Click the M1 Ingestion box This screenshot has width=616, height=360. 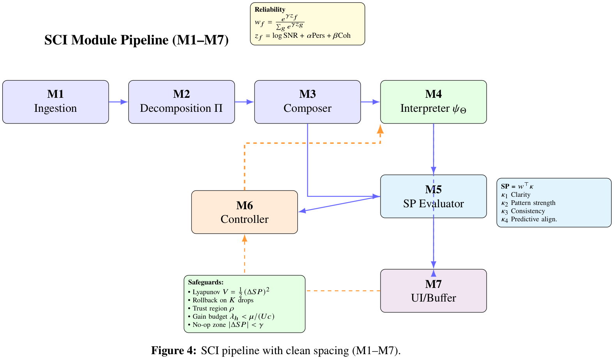[x=55, y=102]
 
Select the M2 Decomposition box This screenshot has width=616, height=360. [x=181, y=102]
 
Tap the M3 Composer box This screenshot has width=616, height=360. [x=307, y=102]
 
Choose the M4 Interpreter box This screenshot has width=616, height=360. [x=433, y=102]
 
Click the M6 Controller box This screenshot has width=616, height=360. [x=244, y=212]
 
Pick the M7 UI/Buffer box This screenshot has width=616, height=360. [x=433, y=291]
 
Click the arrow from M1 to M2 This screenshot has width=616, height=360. [x=118, y=102]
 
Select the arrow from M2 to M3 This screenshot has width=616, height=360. [x=244, y=102]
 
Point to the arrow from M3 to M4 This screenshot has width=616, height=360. [x=370, y=102]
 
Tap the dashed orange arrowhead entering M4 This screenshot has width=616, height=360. [x=380, y=130]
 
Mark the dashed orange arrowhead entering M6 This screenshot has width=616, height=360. [x=244, y=238]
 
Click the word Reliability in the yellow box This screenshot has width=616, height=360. [x=270, y=9]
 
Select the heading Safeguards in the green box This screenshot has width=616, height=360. [x=205, y=282]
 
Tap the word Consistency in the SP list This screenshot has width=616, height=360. [x=527, y=211]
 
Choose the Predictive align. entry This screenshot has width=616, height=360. [x=533, y=219]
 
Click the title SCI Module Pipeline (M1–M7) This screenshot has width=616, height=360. [x=136, y=40]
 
